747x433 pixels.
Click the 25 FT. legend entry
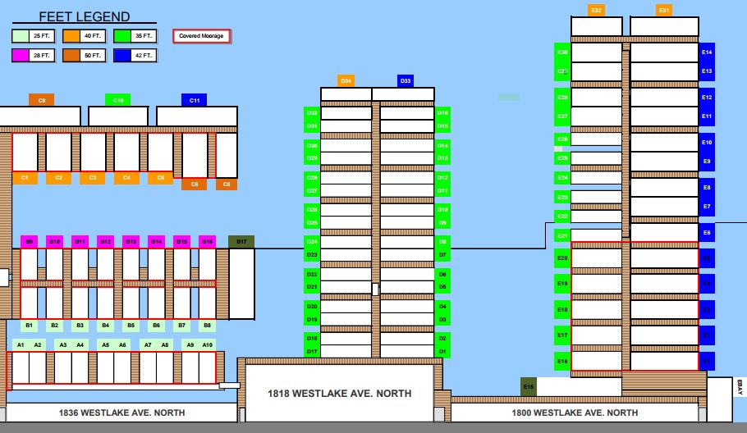tap(30, 36)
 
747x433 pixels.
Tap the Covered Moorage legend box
tap(201, 36)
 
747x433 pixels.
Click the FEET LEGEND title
tap(84, 17)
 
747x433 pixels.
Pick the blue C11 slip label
tap(195, 100)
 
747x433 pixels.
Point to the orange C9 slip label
tap(41, 100)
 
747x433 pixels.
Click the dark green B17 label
tap(241, 242)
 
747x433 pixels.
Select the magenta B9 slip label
tap(30, 242)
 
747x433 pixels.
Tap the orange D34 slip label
tap(346, 81)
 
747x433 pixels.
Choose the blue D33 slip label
tap(406, 81)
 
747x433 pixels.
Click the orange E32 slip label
tap(597, 11)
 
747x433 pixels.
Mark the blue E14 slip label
tap(707, 52)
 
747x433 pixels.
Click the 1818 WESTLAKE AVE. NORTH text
tap(340, 394)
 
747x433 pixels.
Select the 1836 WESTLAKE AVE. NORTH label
tap(122, 412)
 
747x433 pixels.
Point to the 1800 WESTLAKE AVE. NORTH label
tap(575, 412)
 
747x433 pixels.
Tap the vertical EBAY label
tap(740, 387)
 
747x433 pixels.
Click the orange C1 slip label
tap(25, 178)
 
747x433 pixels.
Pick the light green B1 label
tap(30, 326)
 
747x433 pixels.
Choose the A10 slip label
tap(208, 345)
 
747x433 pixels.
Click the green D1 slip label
tap(442, 352)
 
